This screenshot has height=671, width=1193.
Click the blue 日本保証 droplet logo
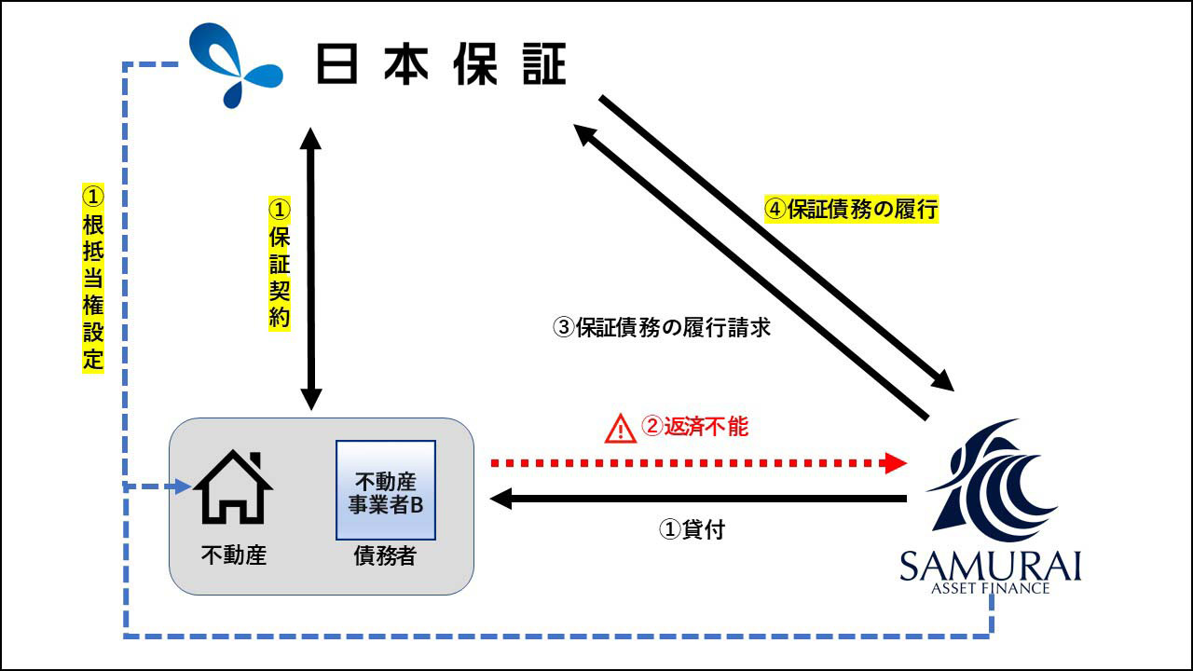tap(235, 65)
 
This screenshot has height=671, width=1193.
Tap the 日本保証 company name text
tap(442, 65)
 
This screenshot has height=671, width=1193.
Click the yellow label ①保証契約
tap(280, 263)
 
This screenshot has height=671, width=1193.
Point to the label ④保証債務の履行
tap(851, 210)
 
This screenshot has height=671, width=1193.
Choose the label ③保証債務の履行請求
tap(662, 328)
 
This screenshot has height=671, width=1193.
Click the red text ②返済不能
tap(695, 427)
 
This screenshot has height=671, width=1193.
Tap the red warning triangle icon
tap(619, 429)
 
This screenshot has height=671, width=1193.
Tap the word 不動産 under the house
tap(234, 555)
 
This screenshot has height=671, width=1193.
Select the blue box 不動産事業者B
tap(386, 490)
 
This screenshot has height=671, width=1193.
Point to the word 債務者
tap(385, 556)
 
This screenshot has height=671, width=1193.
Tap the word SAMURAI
tap(990, 567)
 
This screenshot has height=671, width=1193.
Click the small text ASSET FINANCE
tap(990, 588)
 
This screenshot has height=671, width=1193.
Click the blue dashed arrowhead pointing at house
tap(184, 486)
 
